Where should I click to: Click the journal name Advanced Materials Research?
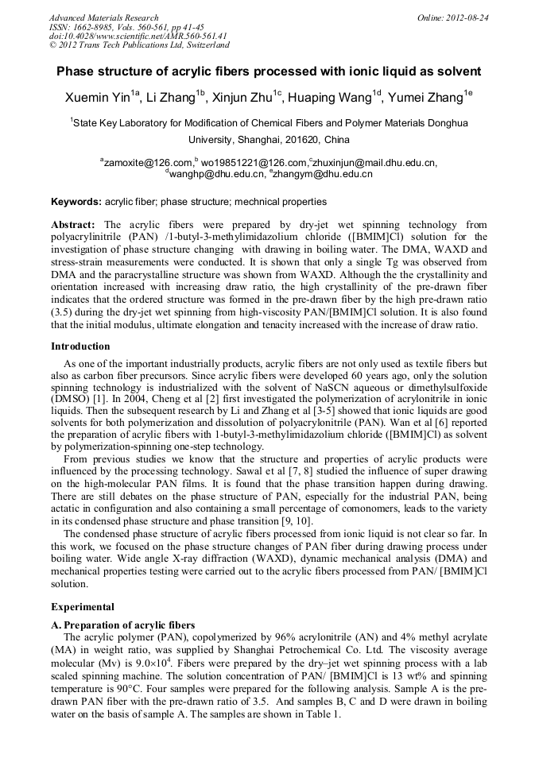coord(103,17)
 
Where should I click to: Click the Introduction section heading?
coord(80,346)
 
